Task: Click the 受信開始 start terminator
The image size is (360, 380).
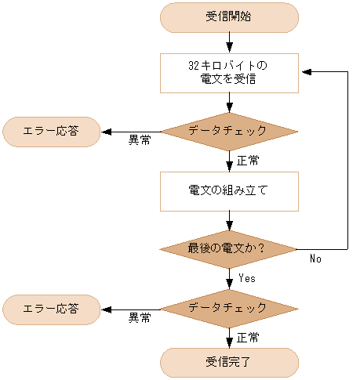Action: [x=229, y=17]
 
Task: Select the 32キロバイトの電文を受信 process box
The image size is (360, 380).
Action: [x=229, y=72]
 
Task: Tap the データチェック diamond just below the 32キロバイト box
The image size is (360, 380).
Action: [x=229, y=132]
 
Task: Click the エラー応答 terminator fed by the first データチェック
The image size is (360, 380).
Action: [x=52, y=132]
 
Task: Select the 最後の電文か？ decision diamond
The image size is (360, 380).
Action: [x=229, y=250]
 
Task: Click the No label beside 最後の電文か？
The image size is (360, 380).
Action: [x=315, y=259]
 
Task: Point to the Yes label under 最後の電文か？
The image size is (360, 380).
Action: [x=247, y=278]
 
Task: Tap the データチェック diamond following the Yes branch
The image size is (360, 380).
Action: [x=229, y=309]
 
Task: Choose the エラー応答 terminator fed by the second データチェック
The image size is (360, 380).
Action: [x=52, y=309]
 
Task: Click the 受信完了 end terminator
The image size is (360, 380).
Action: [x=229, y=362]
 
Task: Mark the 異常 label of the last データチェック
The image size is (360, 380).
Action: [x=140, y=318]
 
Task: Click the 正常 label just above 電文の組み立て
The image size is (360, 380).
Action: [x=248, y=161]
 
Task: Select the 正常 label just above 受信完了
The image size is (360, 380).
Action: [x=248, y=337]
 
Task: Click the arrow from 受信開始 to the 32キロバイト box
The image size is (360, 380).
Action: [x=229, y=42]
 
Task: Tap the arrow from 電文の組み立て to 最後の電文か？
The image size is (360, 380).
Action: [x=229, y=221]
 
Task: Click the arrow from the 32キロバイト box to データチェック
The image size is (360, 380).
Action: [x=229, y=101]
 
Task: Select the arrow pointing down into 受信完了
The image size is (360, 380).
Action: [x=229, y=339]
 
